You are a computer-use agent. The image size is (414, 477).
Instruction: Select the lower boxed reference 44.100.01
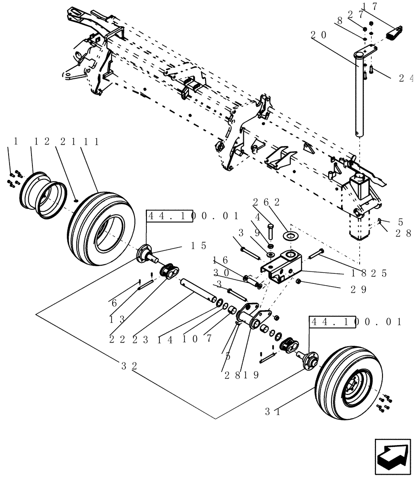click(355, 322)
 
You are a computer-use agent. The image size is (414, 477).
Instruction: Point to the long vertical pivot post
click(358, 95)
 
